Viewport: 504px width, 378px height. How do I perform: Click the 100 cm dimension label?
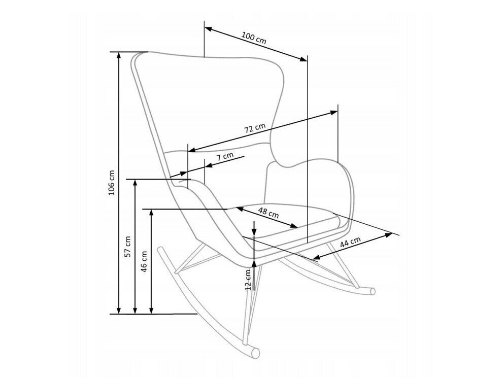[254, 38]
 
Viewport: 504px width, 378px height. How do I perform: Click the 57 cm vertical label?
[128, 247]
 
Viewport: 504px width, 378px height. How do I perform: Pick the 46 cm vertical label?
[144, 262]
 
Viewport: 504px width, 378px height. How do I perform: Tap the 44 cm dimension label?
[350, 243]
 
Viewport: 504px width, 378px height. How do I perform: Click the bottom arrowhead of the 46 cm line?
[151, 310]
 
